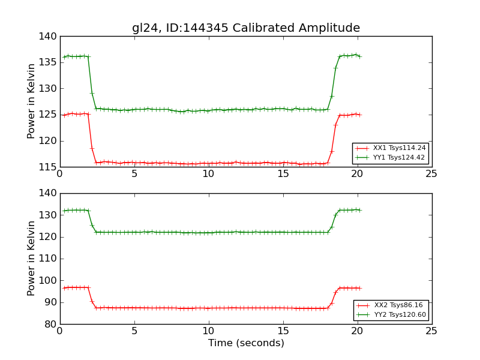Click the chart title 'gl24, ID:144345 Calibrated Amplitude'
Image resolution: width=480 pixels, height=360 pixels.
pos(246,28)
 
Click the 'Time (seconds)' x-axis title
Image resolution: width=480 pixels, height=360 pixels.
pos(246,343)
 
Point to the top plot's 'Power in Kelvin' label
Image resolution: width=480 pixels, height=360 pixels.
pos(32,101)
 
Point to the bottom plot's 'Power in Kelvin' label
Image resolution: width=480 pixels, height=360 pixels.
pos(32,259)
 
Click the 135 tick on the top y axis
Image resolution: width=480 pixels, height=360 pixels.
pos(50,62)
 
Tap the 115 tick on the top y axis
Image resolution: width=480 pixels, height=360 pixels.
pos(50,167)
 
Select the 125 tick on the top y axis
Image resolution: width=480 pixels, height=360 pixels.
pos(50,115)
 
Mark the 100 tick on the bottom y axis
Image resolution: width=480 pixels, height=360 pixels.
pos(50,280)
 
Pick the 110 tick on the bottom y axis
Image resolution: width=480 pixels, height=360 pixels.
pos(50,259)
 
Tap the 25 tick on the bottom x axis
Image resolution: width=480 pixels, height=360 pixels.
pos(431,331)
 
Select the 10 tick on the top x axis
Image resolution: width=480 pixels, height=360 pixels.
pos(208,174)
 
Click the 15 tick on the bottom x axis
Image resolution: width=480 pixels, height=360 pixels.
pos(283,331)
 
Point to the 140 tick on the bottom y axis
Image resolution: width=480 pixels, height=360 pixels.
pos(50,193)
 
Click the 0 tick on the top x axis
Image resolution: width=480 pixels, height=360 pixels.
pos(59,174)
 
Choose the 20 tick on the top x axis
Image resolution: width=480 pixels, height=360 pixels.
pos(357,174)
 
